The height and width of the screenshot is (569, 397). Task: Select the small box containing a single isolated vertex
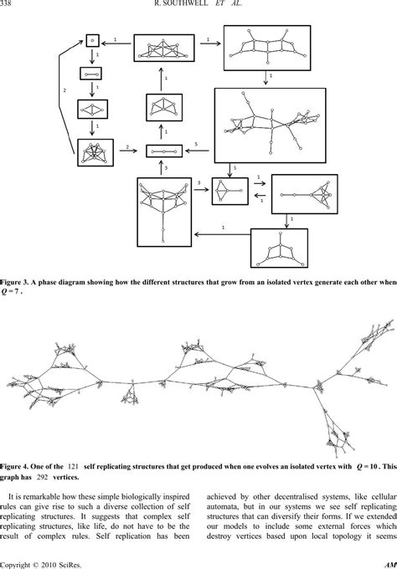coord(92,38)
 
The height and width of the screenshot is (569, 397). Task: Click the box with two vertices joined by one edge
coord(92,74)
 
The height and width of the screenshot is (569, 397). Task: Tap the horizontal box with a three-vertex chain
coord(164,151)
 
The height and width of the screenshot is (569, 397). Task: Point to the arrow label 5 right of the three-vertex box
coord(194,144)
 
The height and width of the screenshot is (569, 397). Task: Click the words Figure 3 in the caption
coord(19,283)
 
